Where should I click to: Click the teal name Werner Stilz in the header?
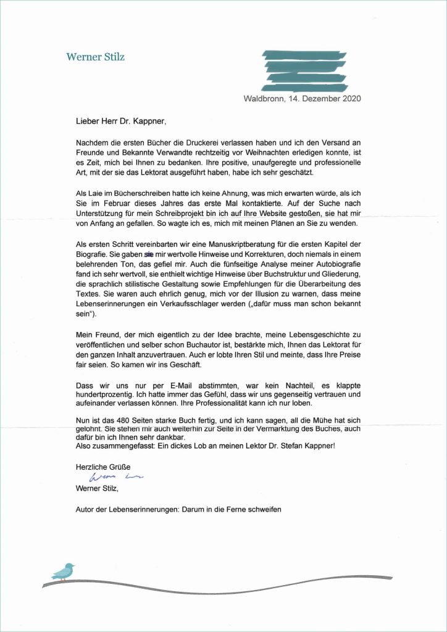(x=95, y=57)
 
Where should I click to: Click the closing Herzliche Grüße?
(x=99, y=467)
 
